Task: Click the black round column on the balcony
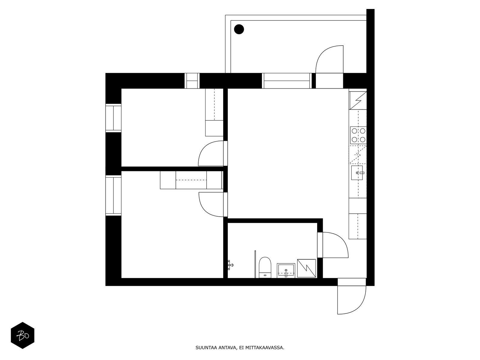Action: [x=239, y=29]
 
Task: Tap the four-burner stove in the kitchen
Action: [x=358, y=135]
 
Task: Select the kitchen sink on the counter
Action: [x=357, y=173]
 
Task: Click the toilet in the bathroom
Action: [x=265, y=267]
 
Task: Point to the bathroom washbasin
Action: [x=286, y=270]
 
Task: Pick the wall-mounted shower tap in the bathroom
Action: [x=230, y=265]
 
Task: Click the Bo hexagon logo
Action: [x=22, y=335]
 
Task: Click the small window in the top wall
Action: [x=192, y=81]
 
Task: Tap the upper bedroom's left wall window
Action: [x=113, y=118]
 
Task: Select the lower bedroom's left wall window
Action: [x=113, y=196]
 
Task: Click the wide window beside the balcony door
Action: [x=286, y=81]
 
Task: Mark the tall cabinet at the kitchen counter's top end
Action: [x=358, y=100]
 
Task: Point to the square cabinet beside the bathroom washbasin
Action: [x=306, y=268]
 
